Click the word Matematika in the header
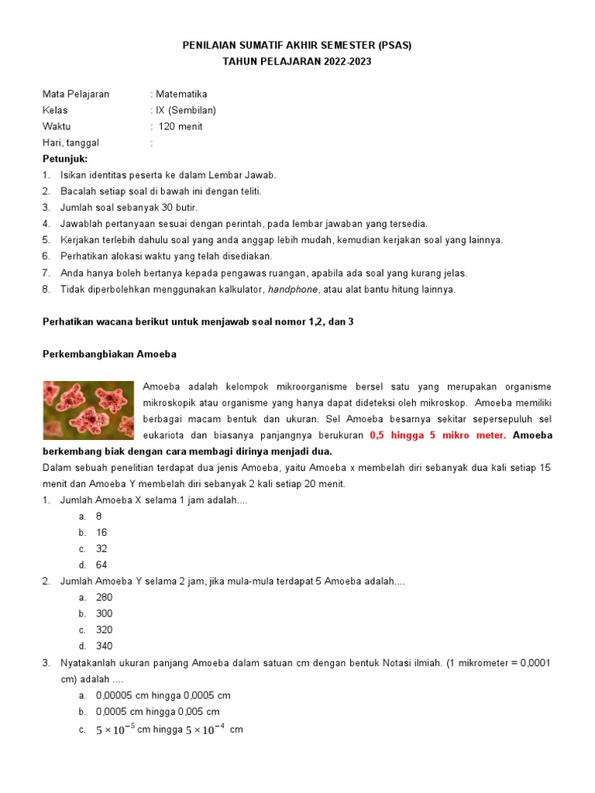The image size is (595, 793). point(181,94)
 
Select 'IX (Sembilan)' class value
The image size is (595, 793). point(186,110)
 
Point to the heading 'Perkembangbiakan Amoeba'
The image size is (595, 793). point(109,354)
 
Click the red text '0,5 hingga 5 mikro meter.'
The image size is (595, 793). point(438,435)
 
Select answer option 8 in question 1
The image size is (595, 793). point(99,517)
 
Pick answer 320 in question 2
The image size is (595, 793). point(105,630)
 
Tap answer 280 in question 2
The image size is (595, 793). point(105,597)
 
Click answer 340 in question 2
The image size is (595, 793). point(105,646)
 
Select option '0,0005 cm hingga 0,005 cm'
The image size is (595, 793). point(158,711)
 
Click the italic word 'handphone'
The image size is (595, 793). point(293,290)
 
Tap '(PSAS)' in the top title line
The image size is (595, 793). point(394,45)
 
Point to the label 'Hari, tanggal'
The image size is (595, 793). point(71,142)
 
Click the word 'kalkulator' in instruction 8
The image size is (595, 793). point(238,290)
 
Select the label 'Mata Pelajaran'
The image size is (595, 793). point(76,94)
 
